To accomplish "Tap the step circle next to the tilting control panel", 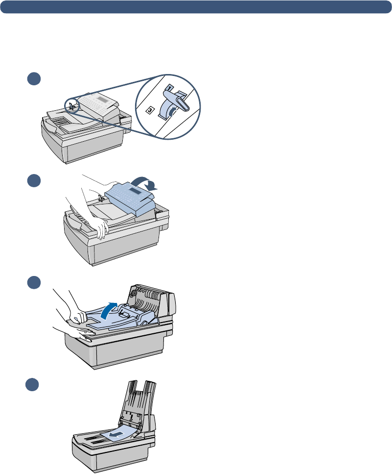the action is [33, 181].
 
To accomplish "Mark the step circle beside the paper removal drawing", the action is [33, 384].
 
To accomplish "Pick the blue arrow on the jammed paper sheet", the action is [115, 433].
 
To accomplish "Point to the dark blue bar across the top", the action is [196, 6].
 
